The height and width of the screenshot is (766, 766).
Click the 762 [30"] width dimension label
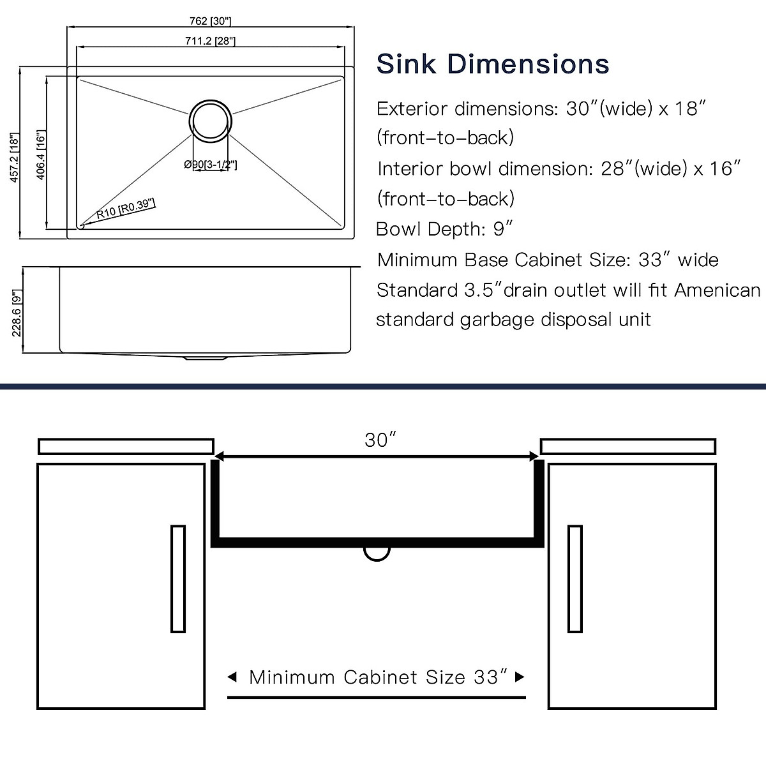coord(210,20)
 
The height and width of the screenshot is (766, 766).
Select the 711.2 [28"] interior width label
coord(210,41)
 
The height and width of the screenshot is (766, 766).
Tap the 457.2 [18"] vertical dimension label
coord(14,158)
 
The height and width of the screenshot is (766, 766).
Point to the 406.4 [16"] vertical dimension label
coord(41,154)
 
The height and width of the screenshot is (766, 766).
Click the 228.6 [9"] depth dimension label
coord(17,313)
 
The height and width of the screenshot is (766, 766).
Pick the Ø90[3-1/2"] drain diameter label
coord(210,165)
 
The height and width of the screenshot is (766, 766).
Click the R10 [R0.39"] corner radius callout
coord(125,209)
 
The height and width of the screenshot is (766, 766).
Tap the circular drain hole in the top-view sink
coord(210,121)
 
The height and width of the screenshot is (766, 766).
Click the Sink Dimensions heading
coord(493,64)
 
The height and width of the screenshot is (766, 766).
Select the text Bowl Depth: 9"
coord(444,229)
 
